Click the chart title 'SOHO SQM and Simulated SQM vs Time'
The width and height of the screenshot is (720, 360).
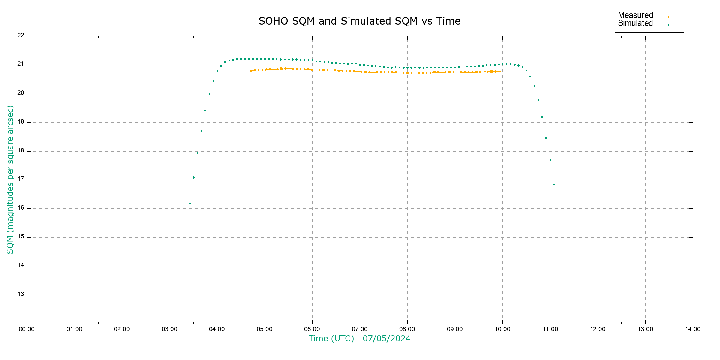[x=359, y=21]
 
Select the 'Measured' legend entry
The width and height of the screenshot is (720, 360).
[x=635, y=15]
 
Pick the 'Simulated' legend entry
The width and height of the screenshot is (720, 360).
[x=635, y=23]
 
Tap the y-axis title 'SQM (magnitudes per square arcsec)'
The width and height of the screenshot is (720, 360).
[x=10, y=179]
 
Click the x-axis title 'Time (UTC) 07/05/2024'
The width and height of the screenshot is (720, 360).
[x=359, y=339]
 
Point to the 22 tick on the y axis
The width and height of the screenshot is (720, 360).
[x=21, y=35]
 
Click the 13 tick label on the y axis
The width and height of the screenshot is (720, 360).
[x=21, y=294]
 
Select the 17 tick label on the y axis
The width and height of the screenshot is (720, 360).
[x=21, y=179]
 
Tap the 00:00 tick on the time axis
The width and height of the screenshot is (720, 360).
[x=27, y=329]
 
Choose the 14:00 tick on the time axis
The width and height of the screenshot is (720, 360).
[x=693, y=329]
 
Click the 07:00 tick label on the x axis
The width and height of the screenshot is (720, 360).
[x=360, y=329]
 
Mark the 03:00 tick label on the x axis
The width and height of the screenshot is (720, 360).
[x=170, y=329]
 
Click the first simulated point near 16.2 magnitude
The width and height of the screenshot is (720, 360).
[x=190, y=204]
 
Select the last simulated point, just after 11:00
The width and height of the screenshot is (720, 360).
[x=554, y=185]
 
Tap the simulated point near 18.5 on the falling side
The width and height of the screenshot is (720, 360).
[x=546, y=138]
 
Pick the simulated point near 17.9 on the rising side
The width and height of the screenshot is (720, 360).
[x=197, y=153]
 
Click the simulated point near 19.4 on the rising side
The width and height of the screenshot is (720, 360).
[x=205, y=111]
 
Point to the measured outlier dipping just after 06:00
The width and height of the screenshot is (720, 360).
[x=317, y=73]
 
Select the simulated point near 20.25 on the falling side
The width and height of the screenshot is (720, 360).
[x=534, y=86]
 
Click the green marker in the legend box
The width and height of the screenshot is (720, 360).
[x=668, y=25]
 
